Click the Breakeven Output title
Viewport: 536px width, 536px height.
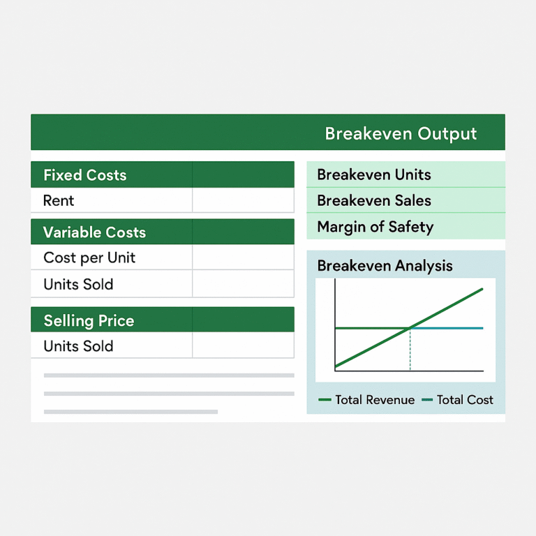tap(401, 133)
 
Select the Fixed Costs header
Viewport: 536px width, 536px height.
tap(85, 175)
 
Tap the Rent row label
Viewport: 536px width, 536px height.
tap(59, 201)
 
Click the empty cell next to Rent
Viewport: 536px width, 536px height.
tap(243, 201)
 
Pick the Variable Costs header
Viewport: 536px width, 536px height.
tap(94, 232)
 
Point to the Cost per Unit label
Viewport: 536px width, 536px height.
tap(89, 258)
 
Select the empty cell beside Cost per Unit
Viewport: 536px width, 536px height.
tap(243, 258)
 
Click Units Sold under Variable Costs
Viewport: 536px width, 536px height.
tap(78, 284)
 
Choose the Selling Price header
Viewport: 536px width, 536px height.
tap(89, 321)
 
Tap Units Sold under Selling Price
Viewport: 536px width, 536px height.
tap(78, 346)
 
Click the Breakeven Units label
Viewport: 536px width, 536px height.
tap(374, 174)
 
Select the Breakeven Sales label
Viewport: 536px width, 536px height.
tap(374, 201)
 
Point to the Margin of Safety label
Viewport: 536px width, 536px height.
tap(375, 227)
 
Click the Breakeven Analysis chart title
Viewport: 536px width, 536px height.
tap(385, 266)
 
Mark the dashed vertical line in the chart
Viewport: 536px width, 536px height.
tap(410, 350)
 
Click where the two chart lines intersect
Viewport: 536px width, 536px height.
tap(410, 327)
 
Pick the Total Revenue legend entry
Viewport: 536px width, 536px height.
tap(366, 400)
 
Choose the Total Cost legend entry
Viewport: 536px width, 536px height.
tap(458, 400)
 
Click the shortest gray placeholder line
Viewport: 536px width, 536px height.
tap(131, 412)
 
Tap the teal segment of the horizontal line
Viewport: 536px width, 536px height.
tap(447, 328)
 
